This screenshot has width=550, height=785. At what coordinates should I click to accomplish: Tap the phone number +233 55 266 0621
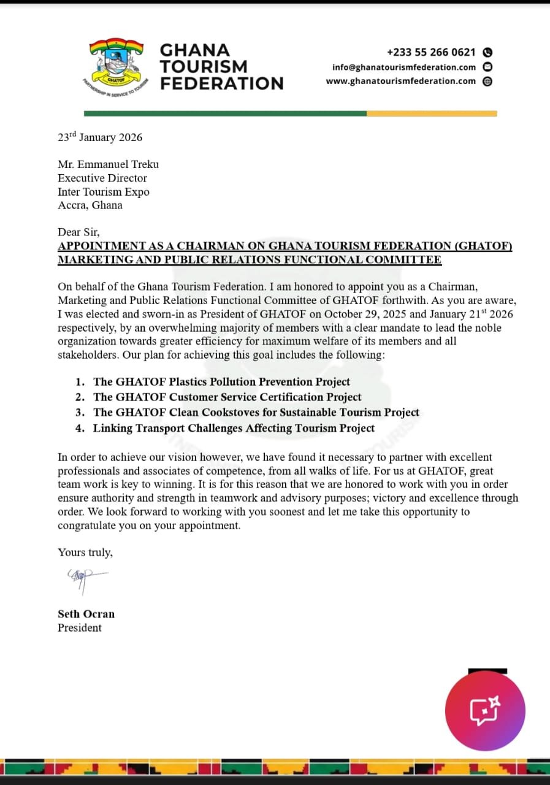[x=431, y=53]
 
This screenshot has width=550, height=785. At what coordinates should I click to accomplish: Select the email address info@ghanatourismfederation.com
[x=403, y=67]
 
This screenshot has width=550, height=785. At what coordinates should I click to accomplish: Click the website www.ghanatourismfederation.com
[x=400, y=81]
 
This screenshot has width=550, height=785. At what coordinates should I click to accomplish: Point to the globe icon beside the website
[x=487, y=81]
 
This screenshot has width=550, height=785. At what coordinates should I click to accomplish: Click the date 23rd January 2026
[x=100, y=137]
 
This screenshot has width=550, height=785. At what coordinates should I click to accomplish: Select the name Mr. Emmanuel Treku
[x=108, y=164]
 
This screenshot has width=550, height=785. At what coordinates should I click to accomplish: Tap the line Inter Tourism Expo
[x=104, y=191]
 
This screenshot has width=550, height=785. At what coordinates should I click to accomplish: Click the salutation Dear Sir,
[x=78, y=232]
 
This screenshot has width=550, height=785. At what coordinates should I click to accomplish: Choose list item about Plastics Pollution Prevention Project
[x=221, y=382]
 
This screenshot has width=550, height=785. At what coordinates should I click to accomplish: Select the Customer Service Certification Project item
[x=227, y=397]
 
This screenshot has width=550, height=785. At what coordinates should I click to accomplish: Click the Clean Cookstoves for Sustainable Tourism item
[x=256, y=412]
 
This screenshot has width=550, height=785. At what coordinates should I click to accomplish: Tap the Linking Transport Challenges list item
[x=233, y=428]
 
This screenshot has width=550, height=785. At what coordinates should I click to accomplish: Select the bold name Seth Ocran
[x=86, y=614]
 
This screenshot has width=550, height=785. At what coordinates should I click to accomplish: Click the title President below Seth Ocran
[x=80, y=627]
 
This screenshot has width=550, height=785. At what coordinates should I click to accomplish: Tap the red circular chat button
[x=485, y=711]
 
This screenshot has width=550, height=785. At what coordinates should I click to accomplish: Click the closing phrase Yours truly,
[x=85, y=552]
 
